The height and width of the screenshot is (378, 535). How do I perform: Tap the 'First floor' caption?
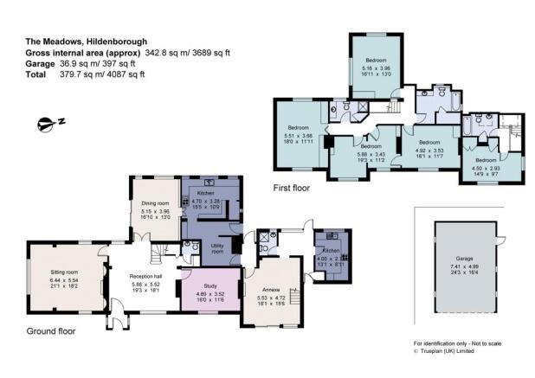tap(293, 187)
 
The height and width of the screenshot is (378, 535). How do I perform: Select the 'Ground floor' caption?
tap(51, 330)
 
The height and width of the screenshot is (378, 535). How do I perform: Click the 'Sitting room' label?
tap(58, 272)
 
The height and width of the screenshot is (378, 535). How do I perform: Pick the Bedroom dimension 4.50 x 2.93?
tap(485, 169)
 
